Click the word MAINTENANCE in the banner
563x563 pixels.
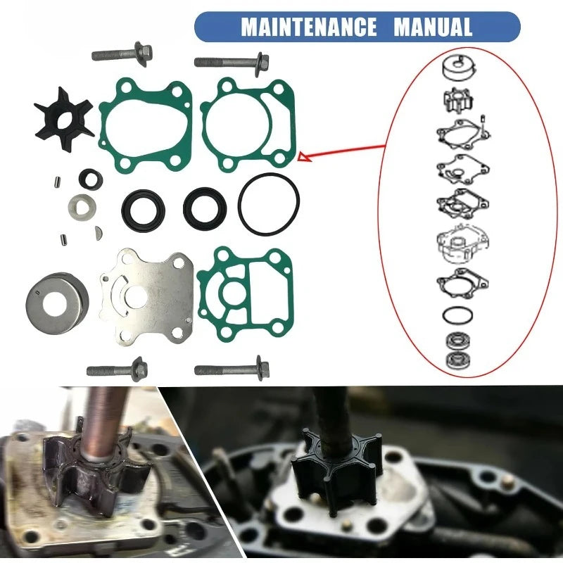point(308,27)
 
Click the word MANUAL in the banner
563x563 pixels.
point(433,27)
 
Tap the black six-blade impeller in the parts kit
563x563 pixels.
point(63,119)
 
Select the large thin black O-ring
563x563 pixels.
point(269,204)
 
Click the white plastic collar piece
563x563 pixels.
point(82,208)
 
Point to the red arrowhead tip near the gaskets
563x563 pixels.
point(299,156)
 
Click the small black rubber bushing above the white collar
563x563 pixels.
point(91,179)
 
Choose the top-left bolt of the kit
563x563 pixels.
point(122,54)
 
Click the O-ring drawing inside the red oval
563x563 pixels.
point(457,315)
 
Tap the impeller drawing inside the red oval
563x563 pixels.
point(458,99)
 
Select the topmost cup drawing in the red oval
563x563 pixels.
point(459,68)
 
